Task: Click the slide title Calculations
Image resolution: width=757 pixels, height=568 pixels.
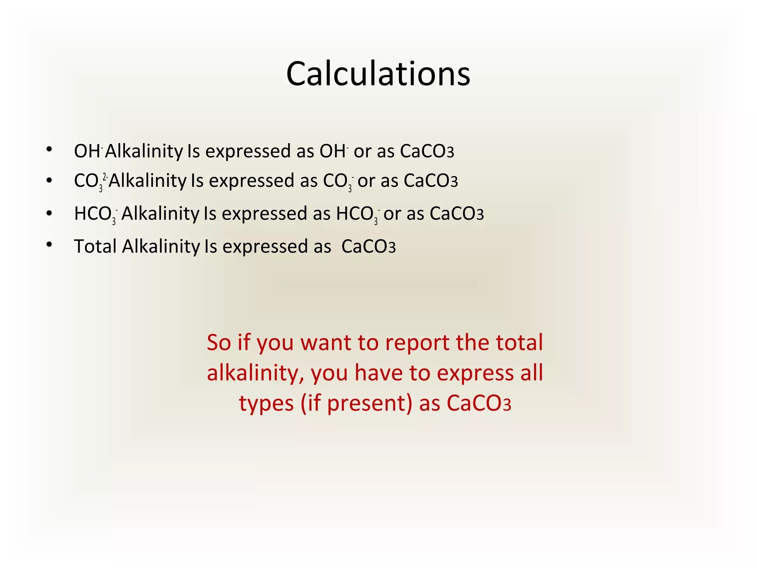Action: [378, 74]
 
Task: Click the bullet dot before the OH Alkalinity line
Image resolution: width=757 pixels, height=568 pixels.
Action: [49, 149]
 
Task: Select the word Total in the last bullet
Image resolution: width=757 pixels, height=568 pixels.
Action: [95, 246]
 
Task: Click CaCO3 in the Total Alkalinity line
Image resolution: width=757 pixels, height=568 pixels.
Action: [368, 247]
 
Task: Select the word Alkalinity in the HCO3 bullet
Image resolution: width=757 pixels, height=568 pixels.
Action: [160, 214]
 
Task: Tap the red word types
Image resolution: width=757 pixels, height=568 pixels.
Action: [266, 403]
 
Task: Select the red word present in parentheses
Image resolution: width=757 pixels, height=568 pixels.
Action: [366, 403]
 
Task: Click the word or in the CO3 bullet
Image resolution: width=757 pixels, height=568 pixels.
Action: [366, 181]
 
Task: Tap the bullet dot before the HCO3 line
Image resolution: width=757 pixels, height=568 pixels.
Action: [49, 213]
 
